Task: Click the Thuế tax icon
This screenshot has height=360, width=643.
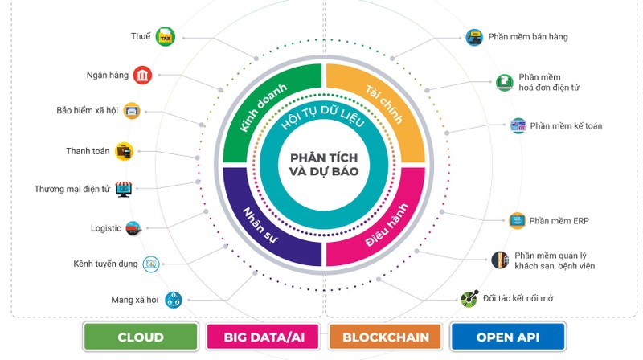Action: pyautogui.click(x=166, y=36)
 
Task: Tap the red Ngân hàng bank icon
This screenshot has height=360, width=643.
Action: pyautogui.click(x=142, y=75)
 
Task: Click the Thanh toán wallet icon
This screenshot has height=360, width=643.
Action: pyautogui.click(x=125, y=150)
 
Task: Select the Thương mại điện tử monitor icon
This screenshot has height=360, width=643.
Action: pyautogui.click(x=123, y=190)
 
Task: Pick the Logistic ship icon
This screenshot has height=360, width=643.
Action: pyautogui.click(x=134, y=228)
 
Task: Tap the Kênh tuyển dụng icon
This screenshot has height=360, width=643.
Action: pyautogui.click(x=150, y=264)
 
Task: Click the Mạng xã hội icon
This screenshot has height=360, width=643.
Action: pyautogui.click(x=173, y=300)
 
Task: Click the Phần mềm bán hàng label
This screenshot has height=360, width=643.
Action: pyautogui.click(x=528, y=37)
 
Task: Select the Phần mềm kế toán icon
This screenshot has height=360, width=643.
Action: pyautogui.click(x=518, y=125)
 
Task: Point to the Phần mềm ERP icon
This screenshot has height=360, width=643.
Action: pyautogui.click(x=517, y=220)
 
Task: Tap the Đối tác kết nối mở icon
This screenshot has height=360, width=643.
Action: pyautogui.click(x=469, y=299)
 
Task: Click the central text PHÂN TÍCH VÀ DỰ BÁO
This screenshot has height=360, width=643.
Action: pyautogui.click(x=324, y=166)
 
